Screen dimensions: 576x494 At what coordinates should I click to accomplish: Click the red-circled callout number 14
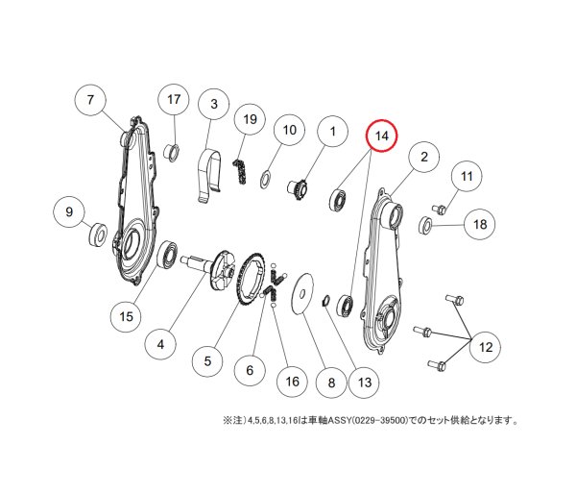pos(382,136)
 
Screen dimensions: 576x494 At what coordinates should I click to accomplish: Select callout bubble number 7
pos(90,100)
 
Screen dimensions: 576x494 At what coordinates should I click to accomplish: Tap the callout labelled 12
pos(486,347)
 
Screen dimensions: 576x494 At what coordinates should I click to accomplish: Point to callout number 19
pos(251,119)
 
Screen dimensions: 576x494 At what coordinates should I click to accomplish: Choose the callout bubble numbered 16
pos(293,382)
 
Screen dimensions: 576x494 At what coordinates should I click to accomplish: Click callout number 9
pos(69,211)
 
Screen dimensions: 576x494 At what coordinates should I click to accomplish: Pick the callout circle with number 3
pos(213,104)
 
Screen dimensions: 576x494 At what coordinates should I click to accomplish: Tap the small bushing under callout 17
pos(172,152)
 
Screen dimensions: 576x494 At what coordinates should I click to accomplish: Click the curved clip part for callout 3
pos(209,174)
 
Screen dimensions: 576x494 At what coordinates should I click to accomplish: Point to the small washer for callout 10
pos(266,179)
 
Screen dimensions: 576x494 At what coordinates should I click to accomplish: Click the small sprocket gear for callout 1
pos(297,188)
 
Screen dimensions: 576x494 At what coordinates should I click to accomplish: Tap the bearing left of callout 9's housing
pos(98,234)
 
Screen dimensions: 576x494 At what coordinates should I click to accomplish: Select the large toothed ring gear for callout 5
pos(251,279)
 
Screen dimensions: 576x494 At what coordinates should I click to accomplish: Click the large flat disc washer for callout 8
pos(302,293)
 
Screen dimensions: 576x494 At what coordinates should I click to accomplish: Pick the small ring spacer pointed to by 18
pos(425,223)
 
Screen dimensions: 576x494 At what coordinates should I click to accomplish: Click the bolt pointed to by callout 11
pos(440,210)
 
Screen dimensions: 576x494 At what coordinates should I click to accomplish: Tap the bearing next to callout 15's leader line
pos(167,255)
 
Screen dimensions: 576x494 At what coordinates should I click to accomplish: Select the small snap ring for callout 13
pos(325,300)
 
